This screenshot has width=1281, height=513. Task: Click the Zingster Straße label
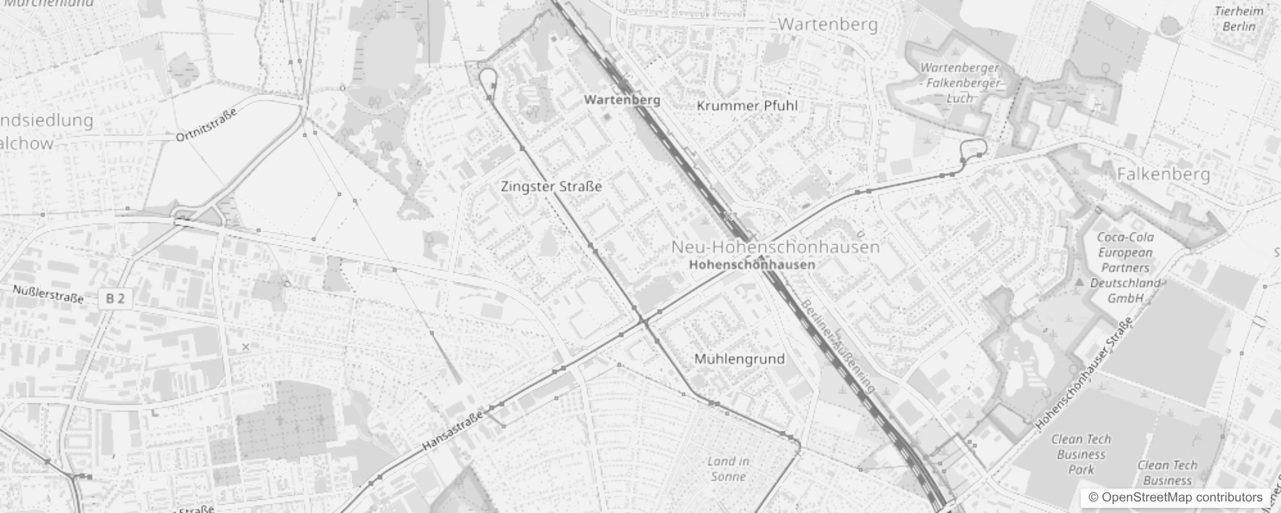551,187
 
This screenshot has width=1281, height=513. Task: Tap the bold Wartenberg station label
622,100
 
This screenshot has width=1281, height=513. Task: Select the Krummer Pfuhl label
747,106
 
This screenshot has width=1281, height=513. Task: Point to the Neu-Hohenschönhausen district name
775,247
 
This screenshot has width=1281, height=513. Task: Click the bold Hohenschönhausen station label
752,264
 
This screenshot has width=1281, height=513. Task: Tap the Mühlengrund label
739,359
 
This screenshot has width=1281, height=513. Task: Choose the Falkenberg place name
1163,174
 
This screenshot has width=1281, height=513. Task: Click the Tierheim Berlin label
1239,19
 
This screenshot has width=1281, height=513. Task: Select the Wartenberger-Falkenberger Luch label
960,83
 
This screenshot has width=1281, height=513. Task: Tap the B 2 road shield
116,298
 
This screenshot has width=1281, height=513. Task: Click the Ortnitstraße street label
207,124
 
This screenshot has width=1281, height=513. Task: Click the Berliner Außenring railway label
839,346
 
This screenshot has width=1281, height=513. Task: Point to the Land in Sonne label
728,469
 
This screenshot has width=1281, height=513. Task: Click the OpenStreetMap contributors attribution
1174,498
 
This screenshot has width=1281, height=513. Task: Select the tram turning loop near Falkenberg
973,148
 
